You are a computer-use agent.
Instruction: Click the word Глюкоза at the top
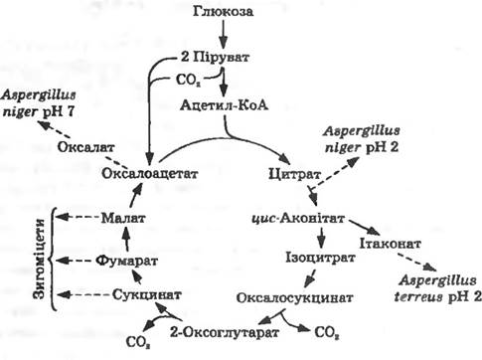224,12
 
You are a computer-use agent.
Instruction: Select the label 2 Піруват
215,58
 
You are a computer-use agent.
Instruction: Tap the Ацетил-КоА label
225,105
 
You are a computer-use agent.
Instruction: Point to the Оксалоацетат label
150,173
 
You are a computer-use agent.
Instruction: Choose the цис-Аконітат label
298,219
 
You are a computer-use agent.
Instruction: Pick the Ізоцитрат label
320,258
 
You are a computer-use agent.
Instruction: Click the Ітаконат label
391,244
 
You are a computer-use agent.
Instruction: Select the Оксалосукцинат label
294,297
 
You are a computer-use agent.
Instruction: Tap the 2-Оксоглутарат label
225,332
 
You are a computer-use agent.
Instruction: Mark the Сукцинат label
147,294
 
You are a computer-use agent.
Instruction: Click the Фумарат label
127,261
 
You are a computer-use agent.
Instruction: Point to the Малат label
123,218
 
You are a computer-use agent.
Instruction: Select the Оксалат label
86,147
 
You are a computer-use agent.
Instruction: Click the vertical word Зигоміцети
40,259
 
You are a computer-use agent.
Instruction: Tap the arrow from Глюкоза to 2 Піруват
224,34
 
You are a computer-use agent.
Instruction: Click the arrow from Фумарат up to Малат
126,240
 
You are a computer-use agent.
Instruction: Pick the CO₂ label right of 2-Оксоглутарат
327,332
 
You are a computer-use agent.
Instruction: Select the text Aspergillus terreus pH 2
438,289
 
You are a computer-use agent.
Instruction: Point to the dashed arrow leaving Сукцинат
83,294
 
